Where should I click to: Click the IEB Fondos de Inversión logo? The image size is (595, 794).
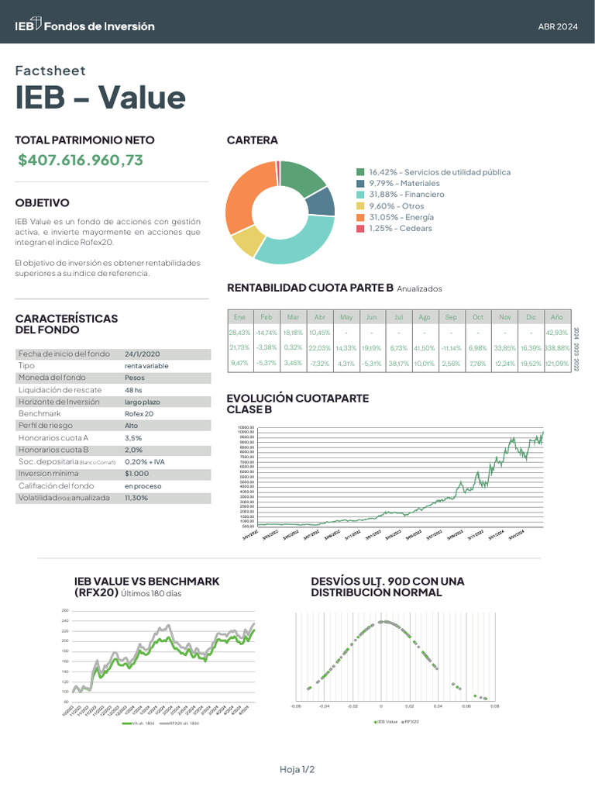click(84, 26)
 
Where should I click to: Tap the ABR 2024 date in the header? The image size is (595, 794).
click(558, 26)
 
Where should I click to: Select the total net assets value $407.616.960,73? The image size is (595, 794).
click(81, 161)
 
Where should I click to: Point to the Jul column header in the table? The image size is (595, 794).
click(398, 317)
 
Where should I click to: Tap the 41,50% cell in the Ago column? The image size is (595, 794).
click(425, 348)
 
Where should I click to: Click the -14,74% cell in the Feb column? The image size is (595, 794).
click(266, 333)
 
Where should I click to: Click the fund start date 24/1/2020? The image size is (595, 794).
click(142, 354)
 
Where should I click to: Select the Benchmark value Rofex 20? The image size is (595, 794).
click(139, 414)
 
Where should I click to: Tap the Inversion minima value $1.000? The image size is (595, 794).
click(136, 473)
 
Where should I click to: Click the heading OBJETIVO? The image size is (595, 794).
click(42, 203)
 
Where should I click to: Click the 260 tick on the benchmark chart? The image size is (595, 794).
click(64, 611)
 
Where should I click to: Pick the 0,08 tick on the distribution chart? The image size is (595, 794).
click(494, 706)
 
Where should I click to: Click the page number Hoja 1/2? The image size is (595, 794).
click(297, 769)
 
